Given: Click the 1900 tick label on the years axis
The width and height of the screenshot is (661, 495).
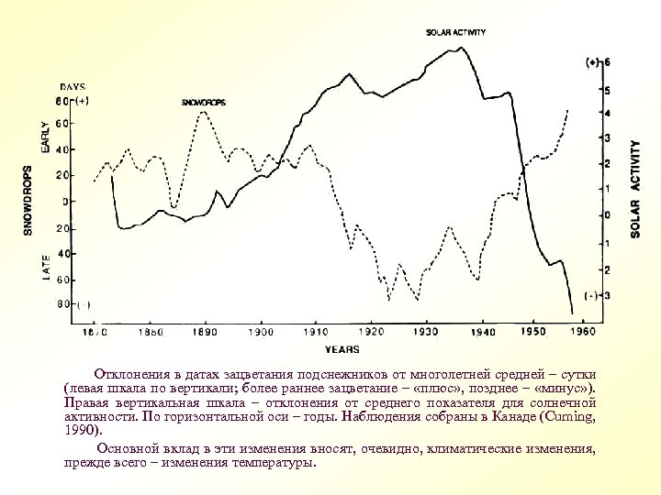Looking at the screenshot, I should (x=263, y=332).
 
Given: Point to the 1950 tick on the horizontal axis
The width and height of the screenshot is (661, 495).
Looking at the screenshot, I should (x=532, y=331).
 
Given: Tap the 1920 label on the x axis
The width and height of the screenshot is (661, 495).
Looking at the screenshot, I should (x=372, y=332).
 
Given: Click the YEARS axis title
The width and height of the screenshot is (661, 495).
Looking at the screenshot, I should (x=342, y=349).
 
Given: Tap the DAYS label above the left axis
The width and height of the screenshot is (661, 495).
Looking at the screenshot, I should (x=73, y=86).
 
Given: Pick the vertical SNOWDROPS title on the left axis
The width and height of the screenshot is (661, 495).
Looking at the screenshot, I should (x=28, y=200).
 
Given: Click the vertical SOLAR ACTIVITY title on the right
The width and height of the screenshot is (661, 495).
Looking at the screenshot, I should (x=635, y=190).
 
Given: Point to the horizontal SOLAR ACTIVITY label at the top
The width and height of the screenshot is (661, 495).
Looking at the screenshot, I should (x=456, y=32).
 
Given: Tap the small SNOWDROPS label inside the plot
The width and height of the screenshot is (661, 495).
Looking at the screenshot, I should (x=204, y=102).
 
